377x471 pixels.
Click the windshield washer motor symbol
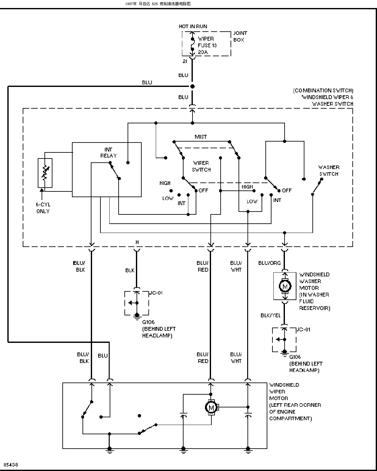(285, 286)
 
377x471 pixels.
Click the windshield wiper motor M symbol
(211, 407)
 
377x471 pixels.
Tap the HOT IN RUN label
(193, 27)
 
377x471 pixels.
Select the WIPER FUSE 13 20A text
(207, 45)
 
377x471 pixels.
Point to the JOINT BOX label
(240, 36)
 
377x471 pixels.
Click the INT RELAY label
(108, 152)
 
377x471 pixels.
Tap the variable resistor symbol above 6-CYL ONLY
(45, 173)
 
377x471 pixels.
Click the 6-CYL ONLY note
(43, 208)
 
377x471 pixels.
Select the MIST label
(201, 137)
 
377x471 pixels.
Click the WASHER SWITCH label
(329, 171)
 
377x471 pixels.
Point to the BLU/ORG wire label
(270, 263)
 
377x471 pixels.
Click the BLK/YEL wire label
(271, 315)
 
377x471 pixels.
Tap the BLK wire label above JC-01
(130, 271)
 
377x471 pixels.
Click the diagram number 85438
(11, 465)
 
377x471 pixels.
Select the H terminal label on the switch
(137, 242)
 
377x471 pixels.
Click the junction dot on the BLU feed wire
(192, 87)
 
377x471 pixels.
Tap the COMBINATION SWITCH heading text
(323, 91)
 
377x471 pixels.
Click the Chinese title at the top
(158, 4)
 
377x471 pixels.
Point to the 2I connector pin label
(185, 61)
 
